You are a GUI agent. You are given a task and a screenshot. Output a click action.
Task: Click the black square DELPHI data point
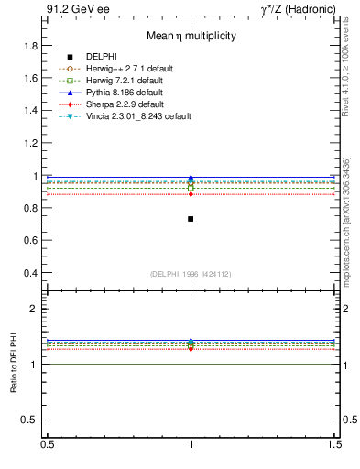pyautogui.click(x=191, y=219)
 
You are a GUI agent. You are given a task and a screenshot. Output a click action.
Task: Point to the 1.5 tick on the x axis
pyautogui.click(x=334, y=443)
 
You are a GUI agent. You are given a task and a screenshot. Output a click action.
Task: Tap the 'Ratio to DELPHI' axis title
pyautogui.click(x=14, y=364)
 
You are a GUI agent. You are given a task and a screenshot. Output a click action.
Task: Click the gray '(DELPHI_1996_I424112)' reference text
pyautogui.click(x=191, y=274)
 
